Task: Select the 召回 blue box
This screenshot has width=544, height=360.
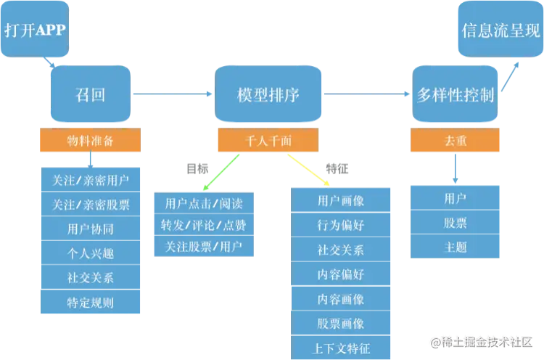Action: tap(90, 95)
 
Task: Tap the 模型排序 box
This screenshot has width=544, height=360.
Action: tap(268, 95)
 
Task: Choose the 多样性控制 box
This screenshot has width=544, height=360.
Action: tap(456, 95)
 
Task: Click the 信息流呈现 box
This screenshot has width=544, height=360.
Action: tap(500, 30)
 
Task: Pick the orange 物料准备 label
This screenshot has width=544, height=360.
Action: tap(90, 140)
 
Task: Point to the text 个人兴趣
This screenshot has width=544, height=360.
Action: tap(90, 253)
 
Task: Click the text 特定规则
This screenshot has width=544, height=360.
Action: tap(90, 302)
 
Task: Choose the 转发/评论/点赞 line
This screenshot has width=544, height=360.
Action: tap(203, 225)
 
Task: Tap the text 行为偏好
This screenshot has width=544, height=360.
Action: tap(341, 225)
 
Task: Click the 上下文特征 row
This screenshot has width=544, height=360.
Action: tap(341, 348)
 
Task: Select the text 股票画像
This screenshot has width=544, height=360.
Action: tap(341, 324)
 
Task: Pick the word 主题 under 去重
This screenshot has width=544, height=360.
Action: tap(456, 247)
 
